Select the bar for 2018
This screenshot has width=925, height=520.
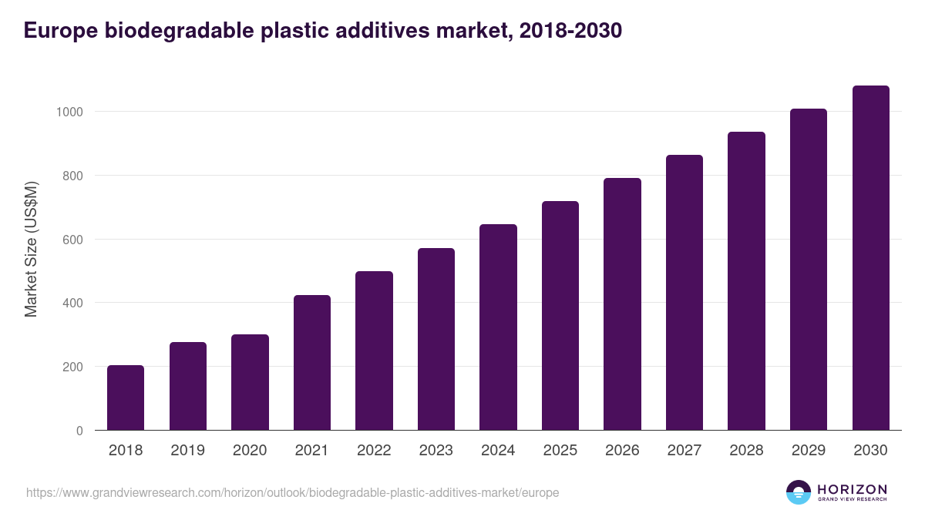point(126,398)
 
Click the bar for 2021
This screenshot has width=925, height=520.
point(312,362)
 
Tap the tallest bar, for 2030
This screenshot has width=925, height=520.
point(870,258)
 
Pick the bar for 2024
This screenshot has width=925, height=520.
point(498,327)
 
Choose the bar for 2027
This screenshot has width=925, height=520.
point(684,293)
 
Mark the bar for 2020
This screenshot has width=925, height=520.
point(250,382)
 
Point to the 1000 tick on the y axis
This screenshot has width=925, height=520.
point(69,112)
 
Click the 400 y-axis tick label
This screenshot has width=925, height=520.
point(72,303)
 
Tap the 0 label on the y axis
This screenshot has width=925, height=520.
point(79,431)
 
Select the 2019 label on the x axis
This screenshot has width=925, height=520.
point(187,451)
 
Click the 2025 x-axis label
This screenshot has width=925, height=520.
point(560,451)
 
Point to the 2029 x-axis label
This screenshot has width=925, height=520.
point(808,451)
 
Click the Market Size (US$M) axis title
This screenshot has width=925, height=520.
point(32,250)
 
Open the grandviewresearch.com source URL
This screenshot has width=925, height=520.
point(293,492)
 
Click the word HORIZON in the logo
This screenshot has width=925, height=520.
point(851,489)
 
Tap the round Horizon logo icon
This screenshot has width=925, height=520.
point(799,492)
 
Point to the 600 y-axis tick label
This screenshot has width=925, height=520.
point(72,239)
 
